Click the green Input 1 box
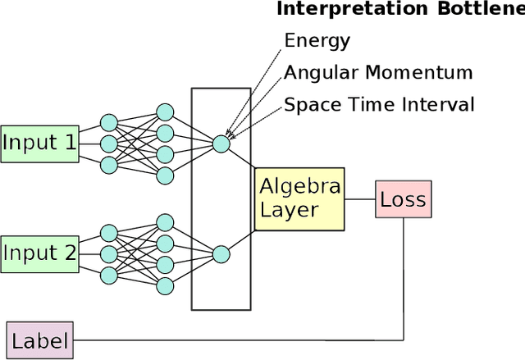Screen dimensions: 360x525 [x=39, y=144]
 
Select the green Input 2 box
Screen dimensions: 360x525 [x=39, y=253]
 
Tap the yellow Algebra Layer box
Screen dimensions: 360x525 [x=299, y=198]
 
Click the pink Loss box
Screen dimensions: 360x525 [x=402, y=199]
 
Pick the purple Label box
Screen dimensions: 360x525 [x=39, y=339]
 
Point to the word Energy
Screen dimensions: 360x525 [x=317, y=40]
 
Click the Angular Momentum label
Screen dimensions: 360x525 [x=378, y=72]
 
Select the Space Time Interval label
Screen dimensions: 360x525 [x=379, y=104]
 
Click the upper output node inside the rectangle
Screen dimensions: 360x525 [x=221, y=144]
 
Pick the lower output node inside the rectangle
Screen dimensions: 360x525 [x=221, y=254]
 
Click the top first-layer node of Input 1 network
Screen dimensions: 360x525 [x=108, y=123]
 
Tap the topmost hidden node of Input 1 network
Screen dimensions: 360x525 [x=165, y=112]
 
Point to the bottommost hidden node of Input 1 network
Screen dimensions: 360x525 [x=165, y=175]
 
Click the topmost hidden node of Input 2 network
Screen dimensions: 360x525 [x=165, y=222]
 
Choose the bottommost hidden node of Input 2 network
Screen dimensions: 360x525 [x=165, y=285]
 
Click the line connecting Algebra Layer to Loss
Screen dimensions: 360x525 [x=359, y=199]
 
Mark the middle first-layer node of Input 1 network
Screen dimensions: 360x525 [x=108, y=144]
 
